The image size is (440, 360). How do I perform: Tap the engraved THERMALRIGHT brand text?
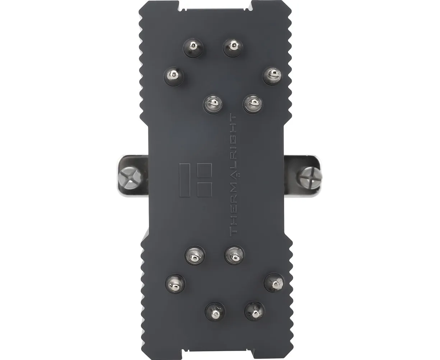(x=233, y=175)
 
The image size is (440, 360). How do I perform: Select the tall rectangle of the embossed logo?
(x=185, y=180)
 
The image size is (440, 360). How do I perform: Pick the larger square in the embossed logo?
(x=204, y=170)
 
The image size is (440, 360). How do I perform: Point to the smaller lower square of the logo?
(x=204, y=189)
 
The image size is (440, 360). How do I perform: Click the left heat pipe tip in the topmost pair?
(x=193, y=48)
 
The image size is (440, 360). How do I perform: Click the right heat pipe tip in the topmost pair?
(x=233, y=47)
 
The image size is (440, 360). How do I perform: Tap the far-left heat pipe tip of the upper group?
(x=174, y=76)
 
